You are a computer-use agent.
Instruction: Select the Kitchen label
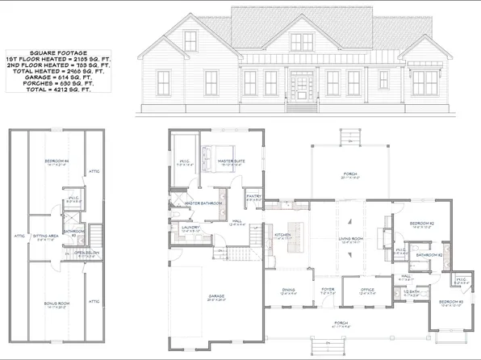coord(282,235)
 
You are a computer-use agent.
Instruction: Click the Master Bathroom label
coord(203,203)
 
